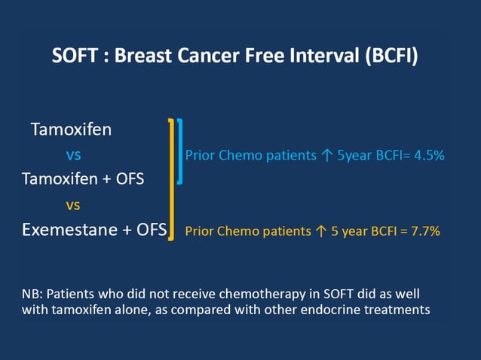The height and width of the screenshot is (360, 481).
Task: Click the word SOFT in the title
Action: [74, 56]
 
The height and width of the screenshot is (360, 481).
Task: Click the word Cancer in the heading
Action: [213, 56]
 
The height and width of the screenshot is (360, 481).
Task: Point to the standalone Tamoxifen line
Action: [71, 130]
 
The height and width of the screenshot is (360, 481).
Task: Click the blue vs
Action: [74, 155]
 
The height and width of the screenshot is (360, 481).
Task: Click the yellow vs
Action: [73, 205]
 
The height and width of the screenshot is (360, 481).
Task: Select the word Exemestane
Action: [69, 230]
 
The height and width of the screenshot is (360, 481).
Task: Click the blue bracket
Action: [180, 151]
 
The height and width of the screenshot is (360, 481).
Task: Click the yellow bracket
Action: [172, 178]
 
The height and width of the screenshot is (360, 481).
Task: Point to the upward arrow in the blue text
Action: [326, 156]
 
